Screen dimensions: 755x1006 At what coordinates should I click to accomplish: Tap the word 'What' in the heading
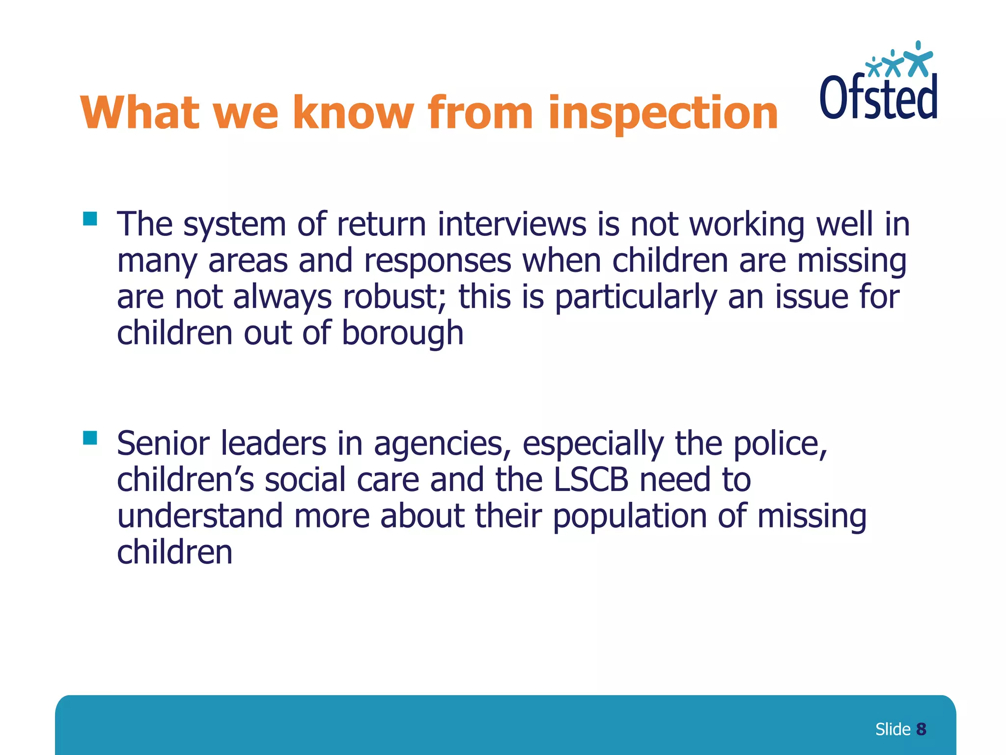point(140,113)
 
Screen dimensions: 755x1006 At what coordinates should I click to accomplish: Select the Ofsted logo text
point(878,97)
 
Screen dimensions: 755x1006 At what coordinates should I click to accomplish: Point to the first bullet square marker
point(90,218)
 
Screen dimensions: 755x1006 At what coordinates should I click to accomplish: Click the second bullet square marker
point(90,437)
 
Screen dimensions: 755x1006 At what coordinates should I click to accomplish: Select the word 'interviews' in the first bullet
point(512,224)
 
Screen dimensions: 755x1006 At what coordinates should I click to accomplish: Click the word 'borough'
point(402,333)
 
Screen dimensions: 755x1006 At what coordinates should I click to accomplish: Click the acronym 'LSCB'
point(591,480)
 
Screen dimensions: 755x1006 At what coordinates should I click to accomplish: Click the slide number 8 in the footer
point(921,729)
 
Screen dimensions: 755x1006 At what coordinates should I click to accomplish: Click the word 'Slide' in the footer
point(893,729)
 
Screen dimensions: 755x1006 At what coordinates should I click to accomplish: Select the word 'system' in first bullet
point(234,225)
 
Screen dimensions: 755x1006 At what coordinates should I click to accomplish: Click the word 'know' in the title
point(353,113)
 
